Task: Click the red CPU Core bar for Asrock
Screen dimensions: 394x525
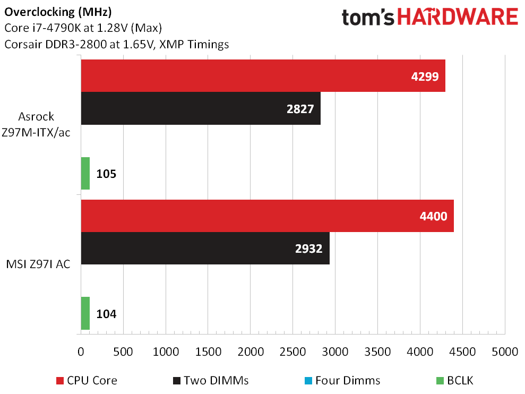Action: [263, 76]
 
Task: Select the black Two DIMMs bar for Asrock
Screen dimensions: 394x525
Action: [201, 109]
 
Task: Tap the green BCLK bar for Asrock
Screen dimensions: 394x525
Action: [85, 174]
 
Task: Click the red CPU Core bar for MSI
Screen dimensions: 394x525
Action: [267, 216]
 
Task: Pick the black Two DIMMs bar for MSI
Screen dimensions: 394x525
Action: [205, 249]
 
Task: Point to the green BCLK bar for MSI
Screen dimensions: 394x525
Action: [85, 313]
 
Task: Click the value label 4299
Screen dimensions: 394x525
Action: [425, 76]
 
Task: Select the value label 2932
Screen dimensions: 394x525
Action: [309, 249]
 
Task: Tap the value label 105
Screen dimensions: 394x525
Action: [106, 174]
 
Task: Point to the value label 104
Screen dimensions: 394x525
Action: [106, 314]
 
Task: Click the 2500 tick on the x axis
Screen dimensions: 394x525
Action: [292, 352]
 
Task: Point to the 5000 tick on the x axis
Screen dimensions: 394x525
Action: [504, 352]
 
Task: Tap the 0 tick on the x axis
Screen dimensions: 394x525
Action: [81, 352]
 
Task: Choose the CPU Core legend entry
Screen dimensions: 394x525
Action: [87, 380]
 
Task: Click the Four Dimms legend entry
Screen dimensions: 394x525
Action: [342, 380]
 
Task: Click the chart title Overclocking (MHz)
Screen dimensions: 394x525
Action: [58, 11]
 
